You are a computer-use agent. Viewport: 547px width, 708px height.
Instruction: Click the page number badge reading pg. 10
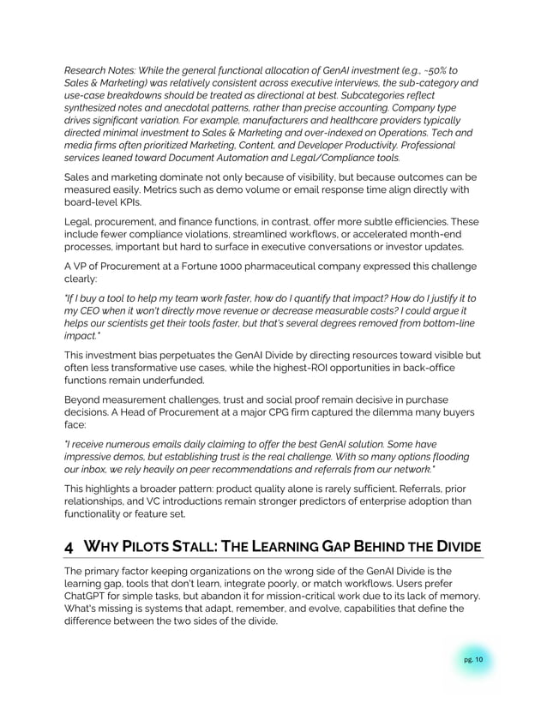(x=474, y=659)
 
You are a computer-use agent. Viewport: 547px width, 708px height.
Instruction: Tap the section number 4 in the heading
(x=70, y=548)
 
